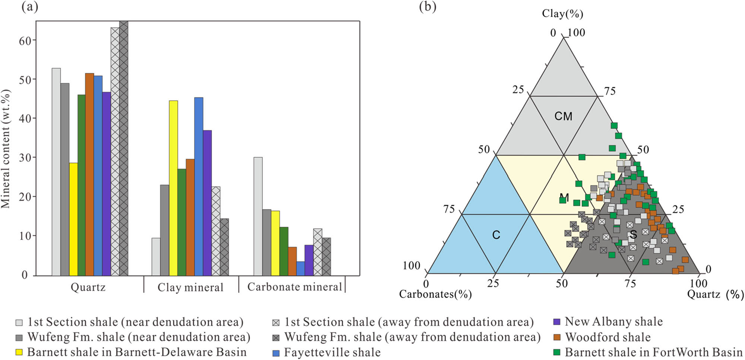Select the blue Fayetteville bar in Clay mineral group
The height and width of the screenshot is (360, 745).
click(199, 186)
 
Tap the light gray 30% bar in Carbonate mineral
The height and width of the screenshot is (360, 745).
click(258, 216)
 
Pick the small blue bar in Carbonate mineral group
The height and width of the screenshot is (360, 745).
click(300, 268)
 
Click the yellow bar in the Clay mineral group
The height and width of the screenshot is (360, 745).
click(173, 188)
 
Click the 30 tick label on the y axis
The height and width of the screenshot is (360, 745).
click(25, 157)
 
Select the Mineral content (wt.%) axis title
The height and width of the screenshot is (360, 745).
click(6, 149)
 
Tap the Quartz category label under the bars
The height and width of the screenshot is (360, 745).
click(88, 287)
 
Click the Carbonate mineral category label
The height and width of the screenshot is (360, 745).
click(294, 287)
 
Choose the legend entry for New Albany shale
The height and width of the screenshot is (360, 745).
click(613, 322)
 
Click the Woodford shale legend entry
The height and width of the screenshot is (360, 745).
click(607, 337)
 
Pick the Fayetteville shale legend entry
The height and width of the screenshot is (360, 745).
click(332, 352)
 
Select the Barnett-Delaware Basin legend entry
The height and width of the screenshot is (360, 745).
click(136, 352)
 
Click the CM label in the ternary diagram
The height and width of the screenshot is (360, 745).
click(563, 117)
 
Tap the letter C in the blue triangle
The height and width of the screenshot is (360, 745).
click(496, 235)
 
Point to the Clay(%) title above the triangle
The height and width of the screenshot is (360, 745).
click(562, 14)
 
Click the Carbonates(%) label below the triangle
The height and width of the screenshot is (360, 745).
click(435, 294)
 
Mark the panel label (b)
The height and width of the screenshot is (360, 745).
click(428, 7)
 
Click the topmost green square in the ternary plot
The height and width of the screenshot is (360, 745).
click(614, 125)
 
